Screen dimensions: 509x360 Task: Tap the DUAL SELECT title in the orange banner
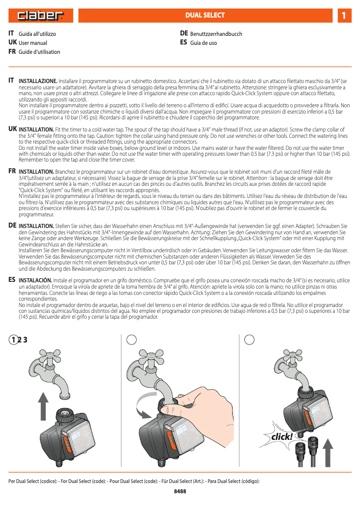click(x=205, y=15)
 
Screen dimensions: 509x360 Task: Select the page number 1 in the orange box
click(x=343, y=16)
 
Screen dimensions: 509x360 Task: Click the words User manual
click(x=33, y=43)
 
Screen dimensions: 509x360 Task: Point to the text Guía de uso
click(x=203, y=43)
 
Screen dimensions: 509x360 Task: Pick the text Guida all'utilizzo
click(x=37, y=34)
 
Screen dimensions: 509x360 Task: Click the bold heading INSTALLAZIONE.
click(x=38, y=81)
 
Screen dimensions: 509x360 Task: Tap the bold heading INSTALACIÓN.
click(x=35, y=280)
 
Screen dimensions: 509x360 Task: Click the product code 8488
click(x=180, y=491)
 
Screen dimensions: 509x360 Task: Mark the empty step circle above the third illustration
click(x=250, y=340)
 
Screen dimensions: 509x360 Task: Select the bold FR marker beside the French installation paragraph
click(x=12, y=171)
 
